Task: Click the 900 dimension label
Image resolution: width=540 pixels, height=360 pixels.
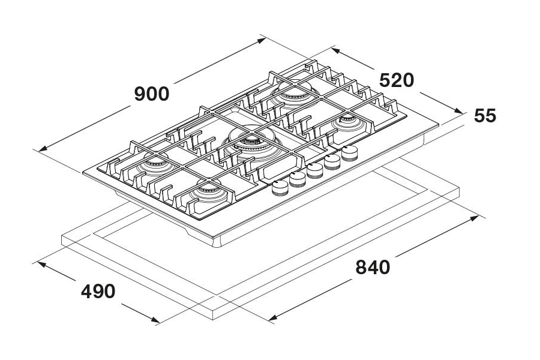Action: click(x=152, y=94)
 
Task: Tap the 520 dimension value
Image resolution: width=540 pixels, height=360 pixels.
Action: click(x=396, y=80)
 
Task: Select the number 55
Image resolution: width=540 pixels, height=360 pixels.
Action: click(x=485, y=115)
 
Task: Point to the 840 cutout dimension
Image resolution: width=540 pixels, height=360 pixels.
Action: click(x=373, y=267)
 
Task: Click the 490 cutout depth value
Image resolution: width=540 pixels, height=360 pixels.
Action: click(x=98, y=292)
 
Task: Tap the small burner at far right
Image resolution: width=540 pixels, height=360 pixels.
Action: click(x=346, y=124)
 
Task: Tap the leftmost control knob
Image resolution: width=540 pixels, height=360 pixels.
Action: click(x=279, y=188)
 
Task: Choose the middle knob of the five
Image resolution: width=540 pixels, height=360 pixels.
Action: click(x=314, y=170)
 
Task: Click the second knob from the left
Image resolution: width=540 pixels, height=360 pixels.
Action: click(x=297, y=179)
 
